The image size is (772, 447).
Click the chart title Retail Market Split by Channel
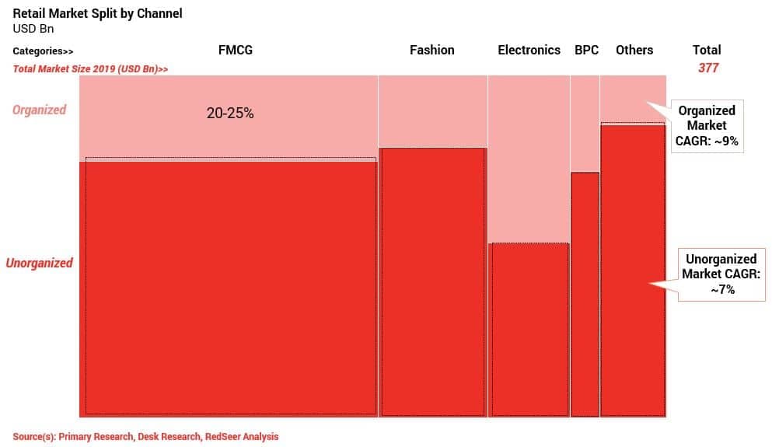tap(97, 14)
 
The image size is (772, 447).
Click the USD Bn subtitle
tap(33, 29)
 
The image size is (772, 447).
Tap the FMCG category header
tap(236, 50)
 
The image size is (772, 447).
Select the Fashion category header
tap(431, 50)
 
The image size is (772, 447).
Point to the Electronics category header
tap(529, 50)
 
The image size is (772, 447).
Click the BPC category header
tap(586, 50)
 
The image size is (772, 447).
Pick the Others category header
tap(634, 50)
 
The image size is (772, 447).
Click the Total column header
tap(707, 50)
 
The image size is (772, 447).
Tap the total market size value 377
tap(707, 68)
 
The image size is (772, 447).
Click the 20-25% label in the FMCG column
tap(230, 113)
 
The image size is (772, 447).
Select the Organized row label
tap(39, 110)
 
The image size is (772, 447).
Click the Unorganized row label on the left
tap(39, 263)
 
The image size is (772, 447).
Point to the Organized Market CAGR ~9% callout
tap(707, 125)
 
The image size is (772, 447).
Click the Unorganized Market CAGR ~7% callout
tap(721, 274)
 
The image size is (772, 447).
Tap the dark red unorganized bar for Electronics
tap(529, 330)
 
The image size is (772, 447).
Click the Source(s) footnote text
tap(145, 437)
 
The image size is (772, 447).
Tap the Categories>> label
tap(43, 51)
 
